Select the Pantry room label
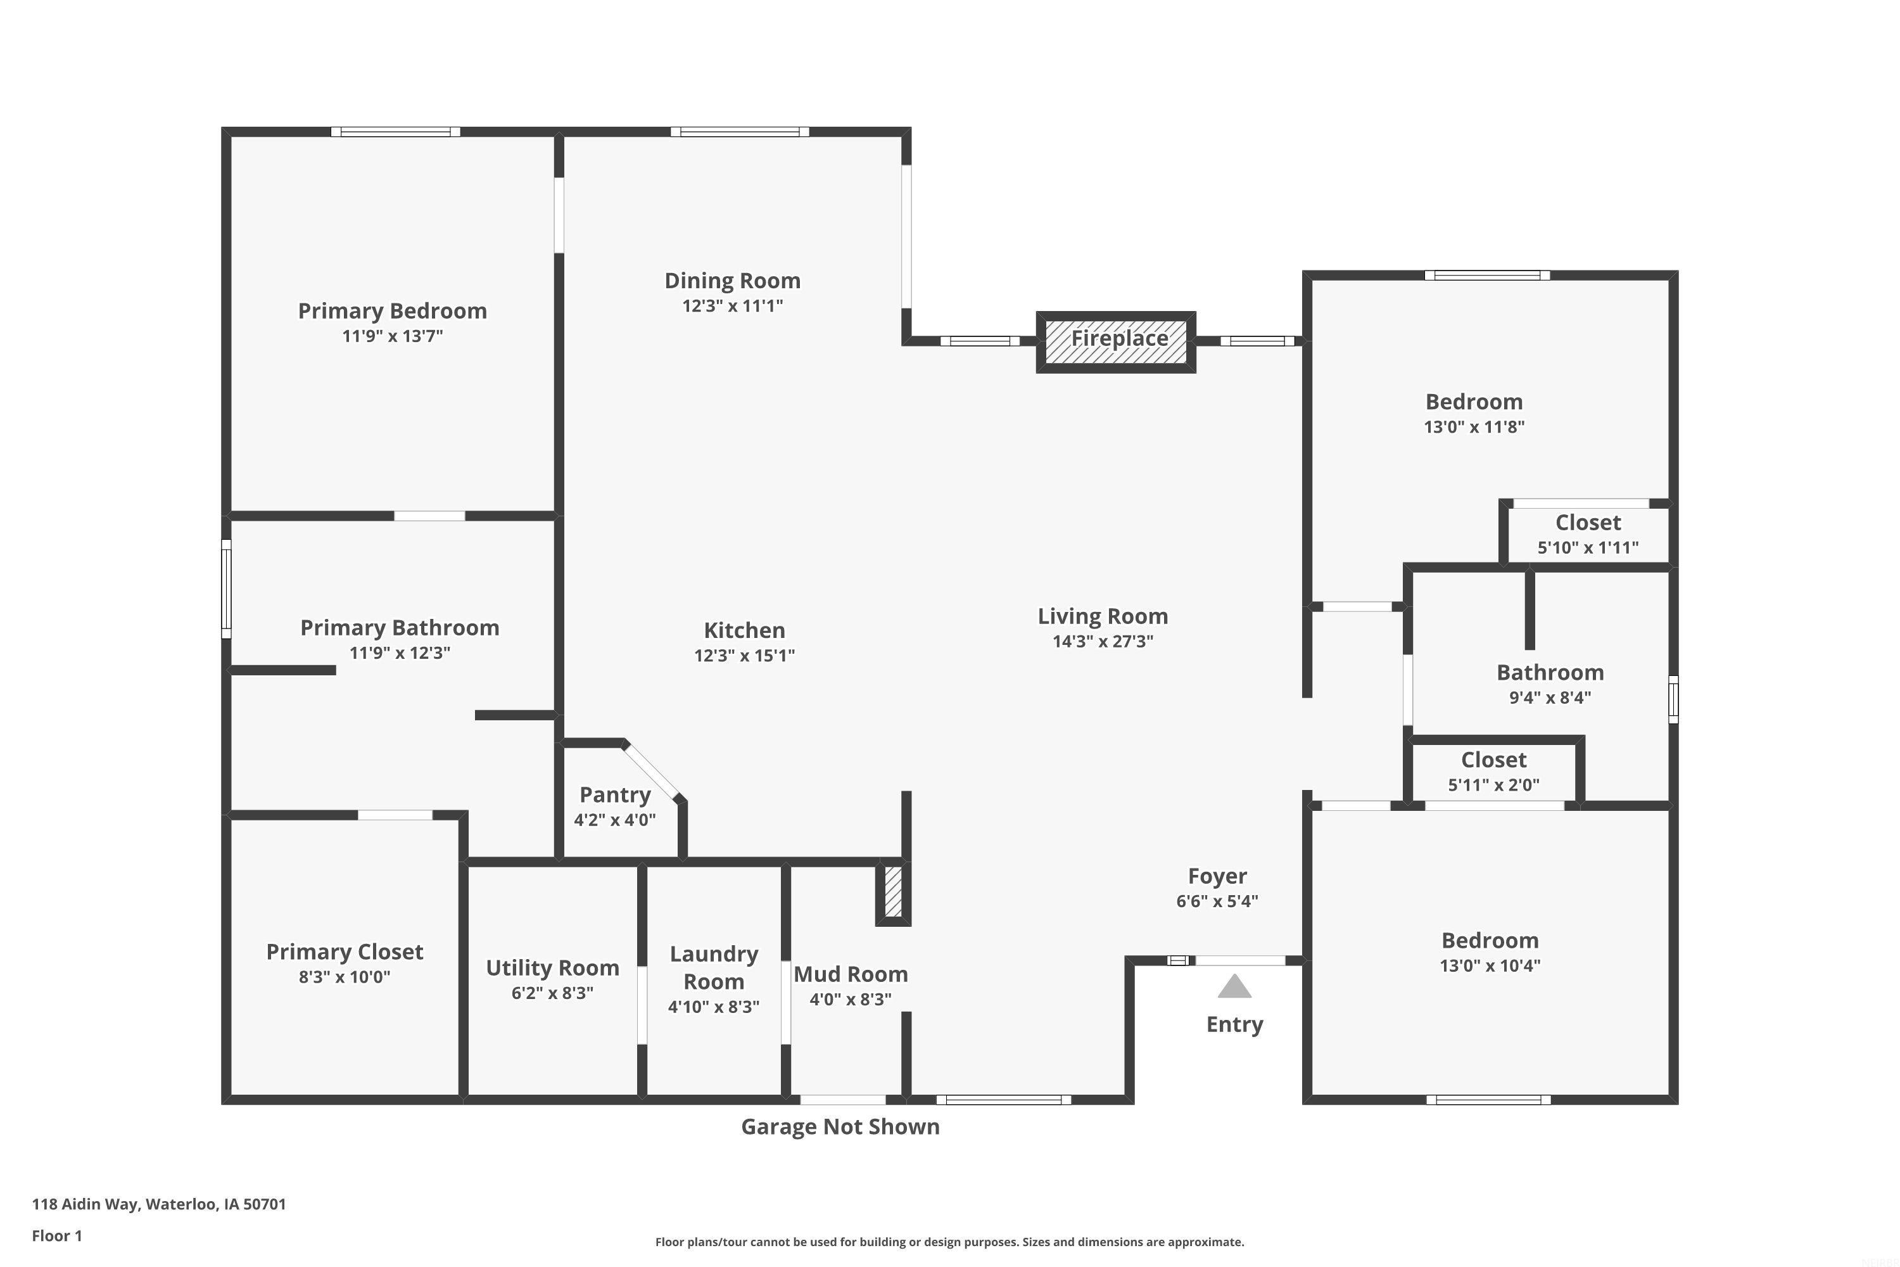coord(615,795)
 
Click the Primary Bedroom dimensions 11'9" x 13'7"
coord(393,336)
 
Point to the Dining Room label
coord(733,281)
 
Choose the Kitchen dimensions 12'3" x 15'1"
coord(744,655)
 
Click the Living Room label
coord(1103,616)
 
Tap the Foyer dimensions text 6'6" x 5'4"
coord(1217,901)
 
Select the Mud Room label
coord(851,974)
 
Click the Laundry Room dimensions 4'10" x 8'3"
coord(713,1007)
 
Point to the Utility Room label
coord(552,968)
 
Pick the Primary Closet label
coord(345,952)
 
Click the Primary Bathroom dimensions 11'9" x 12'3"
coord(400,653)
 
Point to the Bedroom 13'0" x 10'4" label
coord(1490,941)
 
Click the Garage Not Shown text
coord(840,1127)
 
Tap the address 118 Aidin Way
coord(159,1204)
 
